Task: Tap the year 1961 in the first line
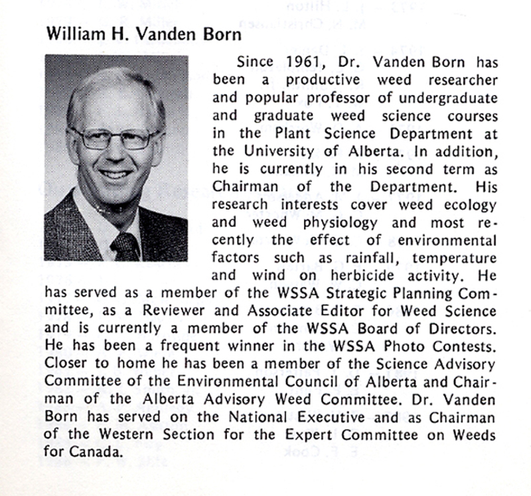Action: pos(293,62)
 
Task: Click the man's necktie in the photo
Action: pos(126,245)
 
